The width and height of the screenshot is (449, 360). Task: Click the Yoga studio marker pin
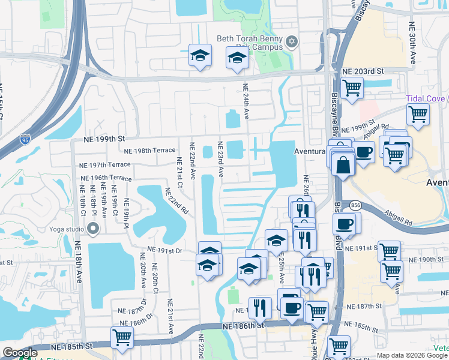[x=92, y=229]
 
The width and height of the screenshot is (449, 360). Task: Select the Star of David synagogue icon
[x=292, y=41]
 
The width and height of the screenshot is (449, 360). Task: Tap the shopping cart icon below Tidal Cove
[x=418, y=113]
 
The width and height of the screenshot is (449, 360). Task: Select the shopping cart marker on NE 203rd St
[x=352, y=88]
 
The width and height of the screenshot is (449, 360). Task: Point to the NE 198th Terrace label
[x=148, y=150]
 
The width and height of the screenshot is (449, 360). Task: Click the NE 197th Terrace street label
[x=105, y=164]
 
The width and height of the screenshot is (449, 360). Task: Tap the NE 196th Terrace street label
[x=107, y=178]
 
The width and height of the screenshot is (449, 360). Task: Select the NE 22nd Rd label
[x=176, y=202]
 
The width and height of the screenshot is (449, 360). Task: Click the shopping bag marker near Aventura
[x=342, y=164]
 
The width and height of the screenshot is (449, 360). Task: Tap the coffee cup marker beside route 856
[x=345, y=224]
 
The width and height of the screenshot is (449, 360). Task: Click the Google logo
[x=20, y=353]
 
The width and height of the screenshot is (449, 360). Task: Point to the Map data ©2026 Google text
[x=412, y=355]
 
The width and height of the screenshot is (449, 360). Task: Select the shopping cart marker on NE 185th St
[x=122, y=338]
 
